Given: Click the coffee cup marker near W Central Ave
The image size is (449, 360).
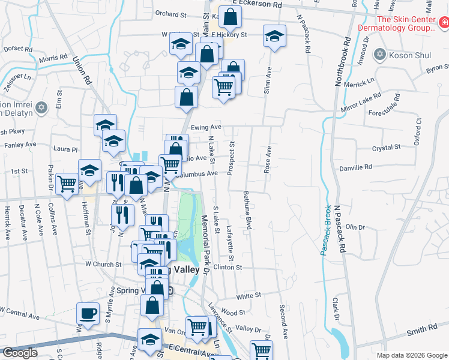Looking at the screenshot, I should point(88,313).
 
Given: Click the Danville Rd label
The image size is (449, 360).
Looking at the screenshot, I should point(355,167).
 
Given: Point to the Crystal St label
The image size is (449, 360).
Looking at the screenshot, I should point(385,147).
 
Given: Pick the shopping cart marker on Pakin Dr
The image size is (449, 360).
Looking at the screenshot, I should point(67,182).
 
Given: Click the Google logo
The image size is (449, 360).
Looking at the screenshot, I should point(20,352).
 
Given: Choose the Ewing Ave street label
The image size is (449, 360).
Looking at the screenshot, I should point(206,127).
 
